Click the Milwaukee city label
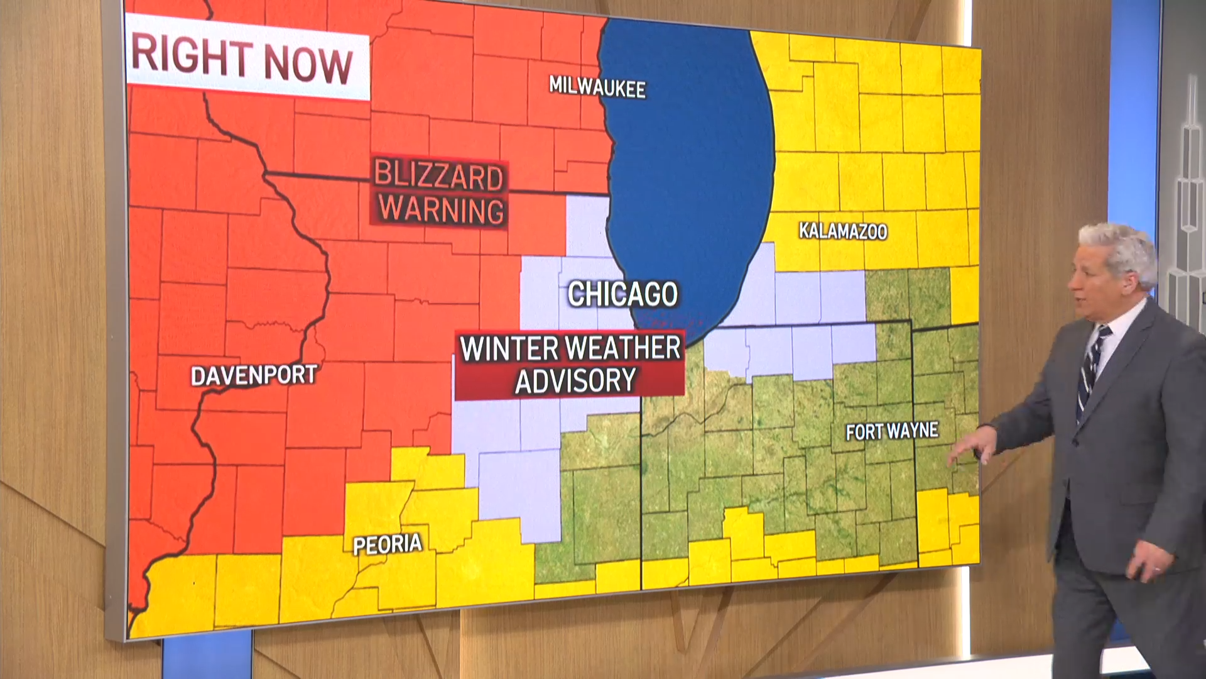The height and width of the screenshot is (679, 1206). point(597,87)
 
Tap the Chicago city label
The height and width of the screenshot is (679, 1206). point(622,294)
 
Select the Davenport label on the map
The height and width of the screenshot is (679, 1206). point(253,376)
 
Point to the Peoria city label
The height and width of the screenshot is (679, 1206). point(387,544)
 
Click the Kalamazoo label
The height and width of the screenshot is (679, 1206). point(842,231)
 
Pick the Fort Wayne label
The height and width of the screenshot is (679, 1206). point(891,431)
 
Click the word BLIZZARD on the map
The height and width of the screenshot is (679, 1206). point(438,176)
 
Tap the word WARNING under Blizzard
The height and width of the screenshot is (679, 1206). point(442,210)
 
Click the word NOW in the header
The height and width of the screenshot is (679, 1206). point(308,63)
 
